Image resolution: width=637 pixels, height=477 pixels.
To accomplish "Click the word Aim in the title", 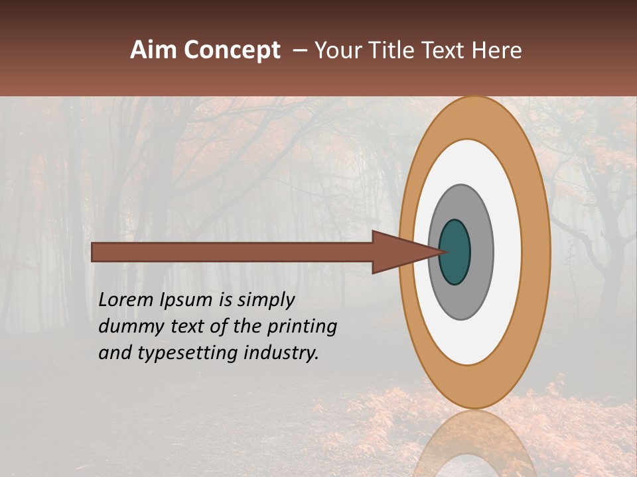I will [x=155, y=50].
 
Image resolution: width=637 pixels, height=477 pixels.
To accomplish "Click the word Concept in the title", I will [x=232, y=50].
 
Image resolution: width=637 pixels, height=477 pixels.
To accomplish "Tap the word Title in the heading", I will [x=400, y=50].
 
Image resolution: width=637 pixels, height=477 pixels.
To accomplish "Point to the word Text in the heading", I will [x=449, y=50].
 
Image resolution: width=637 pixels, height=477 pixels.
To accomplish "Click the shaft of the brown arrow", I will [x=232, y=252].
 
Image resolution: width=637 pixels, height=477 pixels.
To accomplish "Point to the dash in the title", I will [x=300, y=51].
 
